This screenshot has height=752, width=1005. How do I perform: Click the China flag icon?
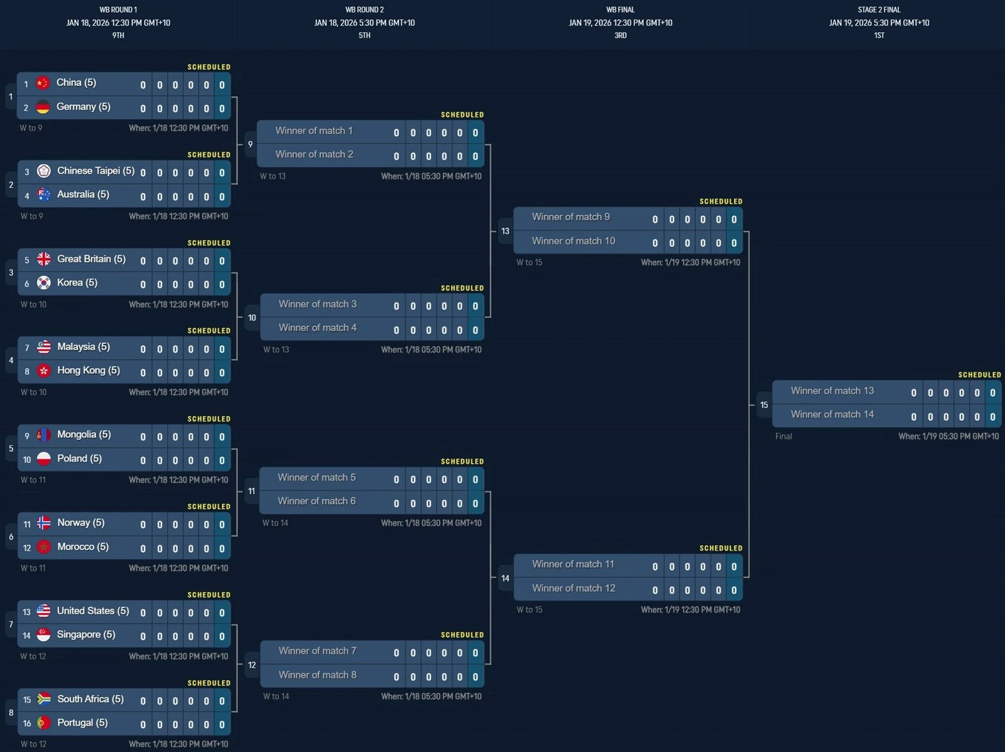(x=43, y=83)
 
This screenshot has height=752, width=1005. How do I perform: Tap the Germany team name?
(x=84, y=107)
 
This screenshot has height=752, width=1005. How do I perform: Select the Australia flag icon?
(x=43, y=195)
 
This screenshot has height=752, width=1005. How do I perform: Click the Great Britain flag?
(x=43, y=259)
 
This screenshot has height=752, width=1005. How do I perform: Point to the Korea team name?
(x=77, y=283)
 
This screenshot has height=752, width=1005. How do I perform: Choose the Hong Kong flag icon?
(x=43, y=371)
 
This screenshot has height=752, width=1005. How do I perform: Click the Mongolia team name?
(x=84, y=435)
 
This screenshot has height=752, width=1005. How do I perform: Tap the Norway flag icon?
(x=43, y=523)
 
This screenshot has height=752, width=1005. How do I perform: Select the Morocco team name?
(x=83, y=547)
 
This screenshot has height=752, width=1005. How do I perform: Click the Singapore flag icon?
(x=43, y=635)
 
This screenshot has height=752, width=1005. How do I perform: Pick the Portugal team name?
(x=82, y=722)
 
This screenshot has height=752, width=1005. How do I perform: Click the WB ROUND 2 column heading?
(x=364, y=9)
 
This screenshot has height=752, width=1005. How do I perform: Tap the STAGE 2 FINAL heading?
(x=879, y=9)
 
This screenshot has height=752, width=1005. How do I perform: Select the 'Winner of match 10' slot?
(x=573, y=241)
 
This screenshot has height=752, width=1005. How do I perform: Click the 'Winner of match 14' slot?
(x=832, y=415)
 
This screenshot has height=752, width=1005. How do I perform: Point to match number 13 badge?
(x=505, y=231)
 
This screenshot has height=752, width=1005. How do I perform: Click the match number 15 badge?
(x=764, y=405)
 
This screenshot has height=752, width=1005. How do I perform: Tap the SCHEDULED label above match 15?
(x=979, y=374)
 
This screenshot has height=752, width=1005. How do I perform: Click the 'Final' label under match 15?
(x=783, y=437)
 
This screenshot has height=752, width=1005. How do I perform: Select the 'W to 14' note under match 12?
(x=276, y=697)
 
